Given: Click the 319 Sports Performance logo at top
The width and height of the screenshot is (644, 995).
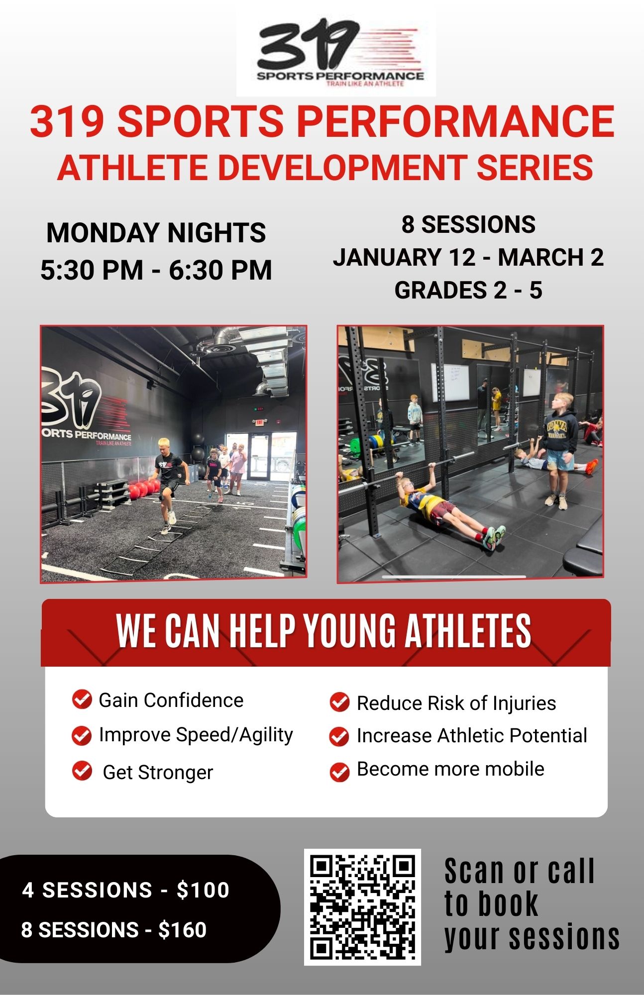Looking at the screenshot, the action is point(336,52).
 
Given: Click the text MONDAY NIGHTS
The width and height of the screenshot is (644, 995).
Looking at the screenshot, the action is point(156,233).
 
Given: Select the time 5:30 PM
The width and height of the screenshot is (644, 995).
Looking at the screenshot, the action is point(92,270).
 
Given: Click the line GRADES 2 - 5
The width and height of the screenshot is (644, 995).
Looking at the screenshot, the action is point(468,290).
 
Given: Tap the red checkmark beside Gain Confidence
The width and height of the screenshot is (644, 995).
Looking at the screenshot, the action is point(82,699).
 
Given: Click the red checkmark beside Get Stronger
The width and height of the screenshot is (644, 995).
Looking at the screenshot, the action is point(82,771).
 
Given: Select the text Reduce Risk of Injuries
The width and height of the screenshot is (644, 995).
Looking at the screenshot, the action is point(456,703).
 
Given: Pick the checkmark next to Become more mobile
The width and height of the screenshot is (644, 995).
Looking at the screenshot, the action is point(339,772).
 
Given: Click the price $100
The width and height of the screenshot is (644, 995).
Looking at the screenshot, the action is point(203,890).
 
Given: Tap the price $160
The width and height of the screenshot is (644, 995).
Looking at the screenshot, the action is point(182,930).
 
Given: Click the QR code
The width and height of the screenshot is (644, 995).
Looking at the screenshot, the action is point(362,907).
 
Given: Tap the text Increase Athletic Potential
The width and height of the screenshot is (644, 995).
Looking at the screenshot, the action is point(472,735).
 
